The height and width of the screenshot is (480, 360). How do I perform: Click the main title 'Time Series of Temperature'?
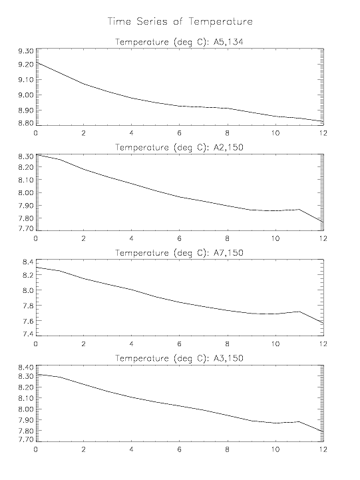coord(180,22)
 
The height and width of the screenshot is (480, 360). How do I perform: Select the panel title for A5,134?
coord(179,42)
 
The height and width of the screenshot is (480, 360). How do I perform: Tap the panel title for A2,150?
coord(179,148)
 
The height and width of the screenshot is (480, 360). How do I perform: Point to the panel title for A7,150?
coord(179,253)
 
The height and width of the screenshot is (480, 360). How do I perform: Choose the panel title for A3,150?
coord(179,358)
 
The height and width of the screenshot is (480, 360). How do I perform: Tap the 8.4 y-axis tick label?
coord(28,262)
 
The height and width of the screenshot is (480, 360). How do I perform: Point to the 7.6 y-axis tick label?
coord(28,321)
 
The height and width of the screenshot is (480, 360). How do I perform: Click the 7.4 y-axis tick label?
coord(28,334)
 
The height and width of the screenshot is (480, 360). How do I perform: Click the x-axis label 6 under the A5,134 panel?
coord(179,133)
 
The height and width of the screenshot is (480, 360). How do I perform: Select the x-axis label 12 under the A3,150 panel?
coord(323,449)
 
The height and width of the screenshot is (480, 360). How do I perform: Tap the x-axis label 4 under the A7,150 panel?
coord(132,344)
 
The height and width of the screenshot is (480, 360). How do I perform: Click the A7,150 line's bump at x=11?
coord(299,312)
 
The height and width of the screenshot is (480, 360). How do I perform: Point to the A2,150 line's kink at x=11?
coord(299,210)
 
